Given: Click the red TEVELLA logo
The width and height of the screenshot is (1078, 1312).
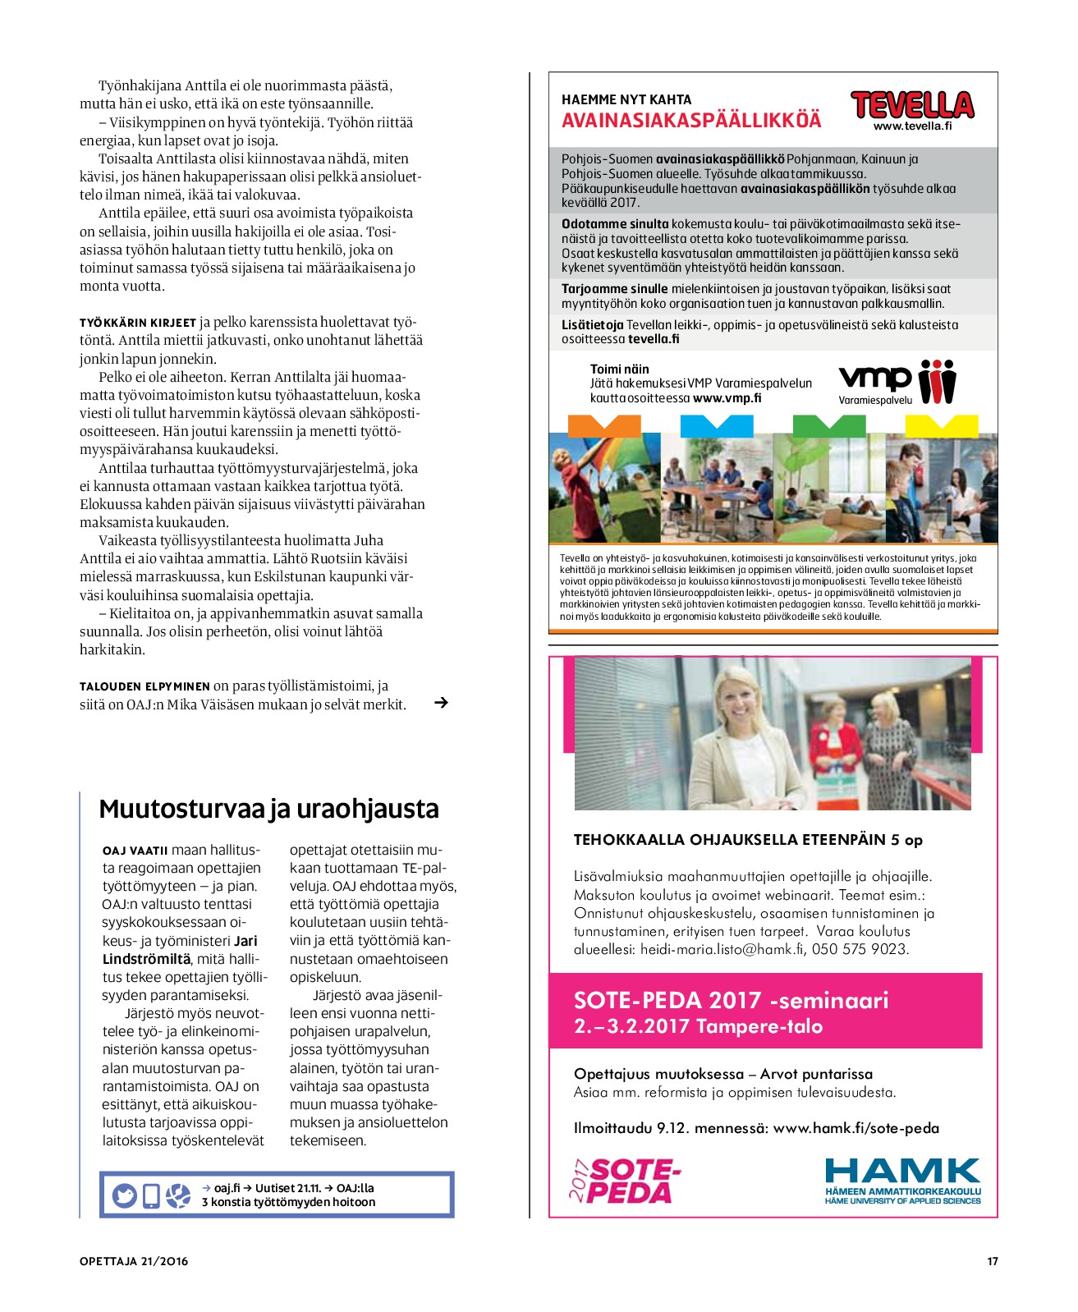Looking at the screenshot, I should [x=912, y=105].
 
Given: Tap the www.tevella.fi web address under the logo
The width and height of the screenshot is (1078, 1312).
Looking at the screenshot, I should [x=912, y=126].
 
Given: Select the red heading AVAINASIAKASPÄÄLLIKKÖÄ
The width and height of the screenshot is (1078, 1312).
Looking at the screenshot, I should [x=691, y=121].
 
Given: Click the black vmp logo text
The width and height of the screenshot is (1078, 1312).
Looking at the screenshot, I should [x=874, y=378].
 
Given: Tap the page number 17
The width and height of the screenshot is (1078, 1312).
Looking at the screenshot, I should [x=992, y=1261].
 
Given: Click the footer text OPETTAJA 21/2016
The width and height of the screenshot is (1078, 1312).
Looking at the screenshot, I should [x=134, y=1261].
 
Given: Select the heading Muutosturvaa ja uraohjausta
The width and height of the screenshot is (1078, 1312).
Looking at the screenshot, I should [x=268, y=809].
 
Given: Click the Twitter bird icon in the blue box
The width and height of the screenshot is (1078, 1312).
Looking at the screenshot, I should [x=125, y=1195].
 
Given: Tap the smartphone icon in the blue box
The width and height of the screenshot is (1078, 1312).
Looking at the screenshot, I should [x=151, y=1195].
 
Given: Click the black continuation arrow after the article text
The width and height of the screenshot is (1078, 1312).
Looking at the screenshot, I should [x=441, y=703].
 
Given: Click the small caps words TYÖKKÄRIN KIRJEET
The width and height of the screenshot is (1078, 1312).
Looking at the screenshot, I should [x=138, y=323].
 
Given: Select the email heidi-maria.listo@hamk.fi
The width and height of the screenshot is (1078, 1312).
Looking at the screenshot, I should [x=722, y=949].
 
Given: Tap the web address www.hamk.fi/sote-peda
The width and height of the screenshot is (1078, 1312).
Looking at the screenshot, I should [x=856, y=1128].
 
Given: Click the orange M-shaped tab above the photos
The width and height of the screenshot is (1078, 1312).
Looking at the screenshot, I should [x=604, y=424].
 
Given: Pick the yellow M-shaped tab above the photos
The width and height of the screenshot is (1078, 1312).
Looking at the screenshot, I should [x=941, y=424].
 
